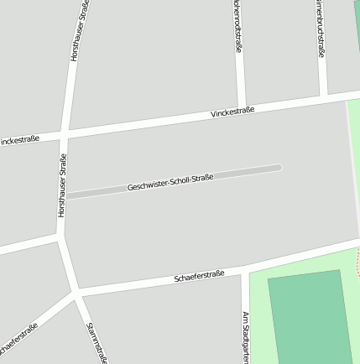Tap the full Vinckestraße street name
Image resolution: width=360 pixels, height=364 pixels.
pos(232,111)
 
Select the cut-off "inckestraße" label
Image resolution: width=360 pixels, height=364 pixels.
pos(19,140)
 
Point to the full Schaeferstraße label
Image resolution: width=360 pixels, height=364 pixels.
pos(199,275)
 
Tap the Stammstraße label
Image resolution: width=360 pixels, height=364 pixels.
pos(97,343)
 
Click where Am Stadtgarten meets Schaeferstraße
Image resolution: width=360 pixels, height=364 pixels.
pos(244,269)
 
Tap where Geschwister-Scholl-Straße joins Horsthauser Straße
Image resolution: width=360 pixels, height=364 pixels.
pos(64,196)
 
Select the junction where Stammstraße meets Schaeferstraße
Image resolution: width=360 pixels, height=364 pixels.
pos(77,294)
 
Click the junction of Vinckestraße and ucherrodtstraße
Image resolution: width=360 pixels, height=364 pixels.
pos(241,106)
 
